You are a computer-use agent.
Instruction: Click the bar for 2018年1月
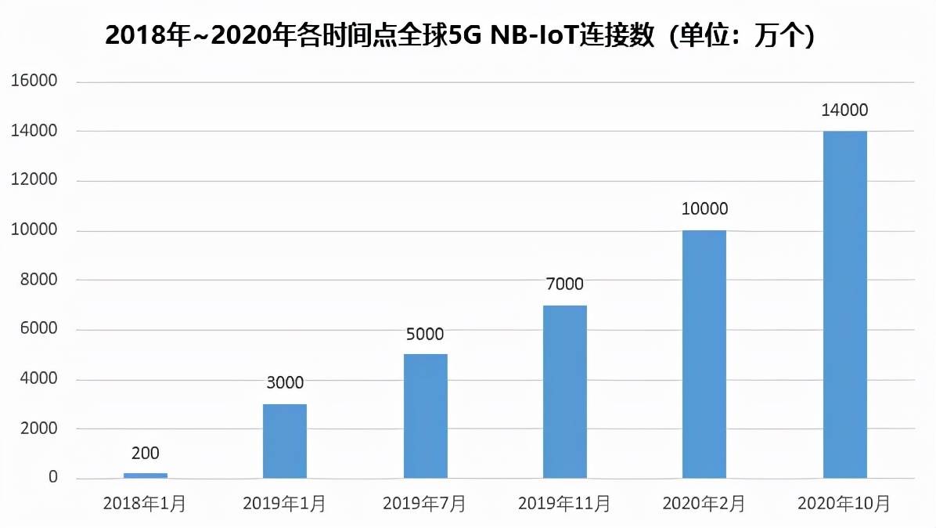point(145,476)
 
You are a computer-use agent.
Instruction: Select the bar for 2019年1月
point(285,441)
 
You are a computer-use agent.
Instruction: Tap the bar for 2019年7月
point(425,416)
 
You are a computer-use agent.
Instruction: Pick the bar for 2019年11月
point(565,392)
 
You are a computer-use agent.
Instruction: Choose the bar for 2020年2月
point(704,354)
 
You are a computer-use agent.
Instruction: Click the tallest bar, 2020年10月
point(844,305)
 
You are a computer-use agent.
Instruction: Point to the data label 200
point(145,453)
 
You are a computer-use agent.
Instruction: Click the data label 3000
point(285,383)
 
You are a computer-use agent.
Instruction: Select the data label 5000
point(425,335)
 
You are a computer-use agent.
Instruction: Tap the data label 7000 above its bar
point(565,284)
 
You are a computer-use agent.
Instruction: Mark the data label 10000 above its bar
point(704,209)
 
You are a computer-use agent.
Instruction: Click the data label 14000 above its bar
point(844,110)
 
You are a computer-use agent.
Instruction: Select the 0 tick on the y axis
point(53,477)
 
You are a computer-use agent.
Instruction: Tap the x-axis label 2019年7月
point(424,504)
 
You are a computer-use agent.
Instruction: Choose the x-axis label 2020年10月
point(844,504)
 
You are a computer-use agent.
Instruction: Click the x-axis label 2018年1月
point(145,504)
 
